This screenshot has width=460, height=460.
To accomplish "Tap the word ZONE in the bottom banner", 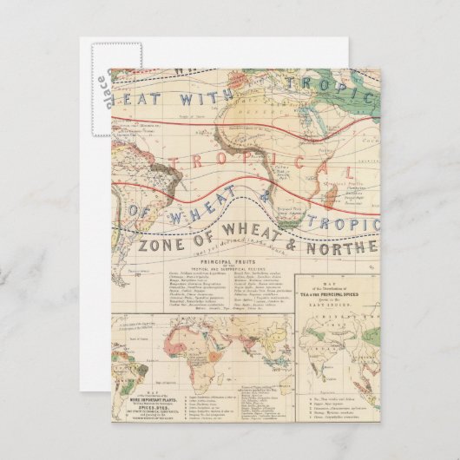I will [x=161, y=246].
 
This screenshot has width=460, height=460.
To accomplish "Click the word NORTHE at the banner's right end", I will [x=348, y=246].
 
